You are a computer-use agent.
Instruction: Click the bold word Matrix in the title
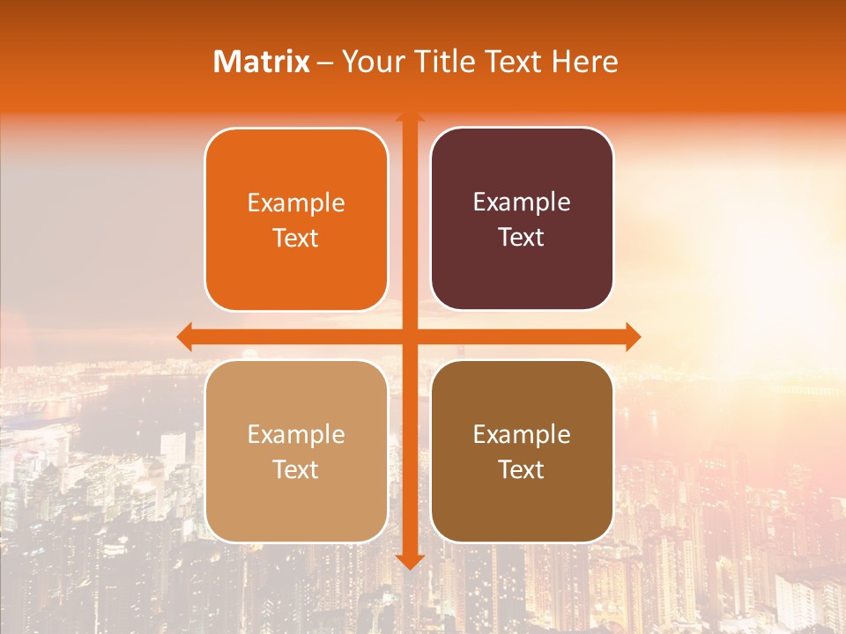[x=262, y=62]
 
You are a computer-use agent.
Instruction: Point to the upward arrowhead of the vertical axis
[x=410, y=116]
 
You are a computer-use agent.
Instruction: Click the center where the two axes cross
[x=410, y=336]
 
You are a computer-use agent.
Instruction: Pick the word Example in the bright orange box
[x=296, y=203]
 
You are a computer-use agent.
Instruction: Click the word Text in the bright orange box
[x=296, y=238]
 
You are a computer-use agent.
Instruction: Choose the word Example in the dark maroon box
[x=522, y=203]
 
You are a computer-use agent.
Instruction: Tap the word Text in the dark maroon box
[x=522, y=237]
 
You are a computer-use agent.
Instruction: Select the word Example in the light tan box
[x=296, y=435]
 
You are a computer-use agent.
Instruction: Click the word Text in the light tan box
[x=296, y=469]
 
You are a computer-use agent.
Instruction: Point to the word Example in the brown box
[x=522, y=435]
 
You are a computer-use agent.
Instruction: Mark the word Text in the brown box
[x=522, y=469]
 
